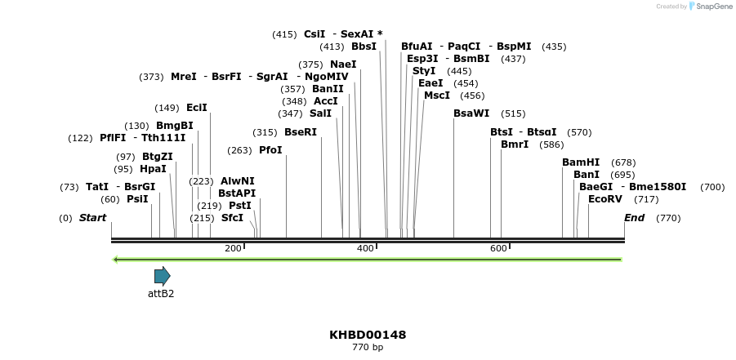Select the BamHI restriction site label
pos(581,162)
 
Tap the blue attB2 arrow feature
pos(162,276)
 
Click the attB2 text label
pos(161,294)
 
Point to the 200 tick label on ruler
pos(233,248)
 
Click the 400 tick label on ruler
pos(365,248)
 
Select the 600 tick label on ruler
pos(497,248)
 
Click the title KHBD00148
pos(368,335)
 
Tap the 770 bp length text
pos(368,348)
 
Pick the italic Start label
pos(92,218)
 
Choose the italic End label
pos(634,218)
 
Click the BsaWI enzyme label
pos(471,113)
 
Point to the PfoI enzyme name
pos(270,150)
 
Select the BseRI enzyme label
pos(301,132)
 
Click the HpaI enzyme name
pos(153,169)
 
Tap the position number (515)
pos(513,113)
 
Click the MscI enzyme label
pos(437,96)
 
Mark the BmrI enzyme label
pos(515,144)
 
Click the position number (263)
pos(239,150)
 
